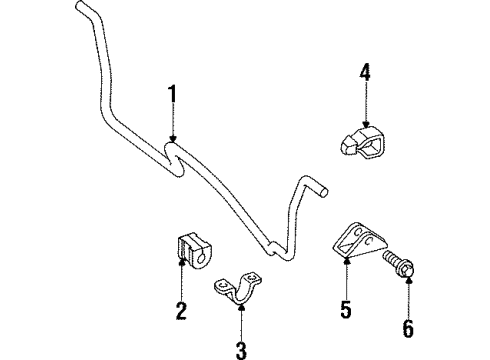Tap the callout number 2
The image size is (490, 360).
point(180,311)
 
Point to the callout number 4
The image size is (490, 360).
point(366,73)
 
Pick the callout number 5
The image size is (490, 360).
point(345,310)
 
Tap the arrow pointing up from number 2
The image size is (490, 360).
point(180,285)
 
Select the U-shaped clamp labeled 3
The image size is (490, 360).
point(239,291)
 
